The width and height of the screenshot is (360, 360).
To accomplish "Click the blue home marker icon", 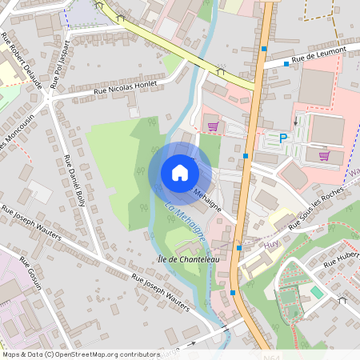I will (x=179, y=173).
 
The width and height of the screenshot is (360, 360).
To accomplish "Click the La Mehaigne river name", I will (x=185, y=223).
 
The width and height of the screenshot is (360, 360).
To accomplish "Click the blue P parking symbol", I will (x=282, y=138).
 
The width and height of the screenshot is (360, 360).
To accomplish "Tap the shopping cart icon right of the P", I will (x=324, y=156).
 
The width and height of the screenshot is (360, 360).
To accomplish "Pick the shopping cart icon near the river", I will (x=213, y=126).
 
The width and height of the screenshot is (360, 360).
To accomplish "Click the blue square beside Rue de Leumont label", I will (x=286, y=63).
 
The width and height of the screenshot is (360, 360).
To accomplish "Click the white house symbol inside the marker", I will (x=179, y=173).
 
